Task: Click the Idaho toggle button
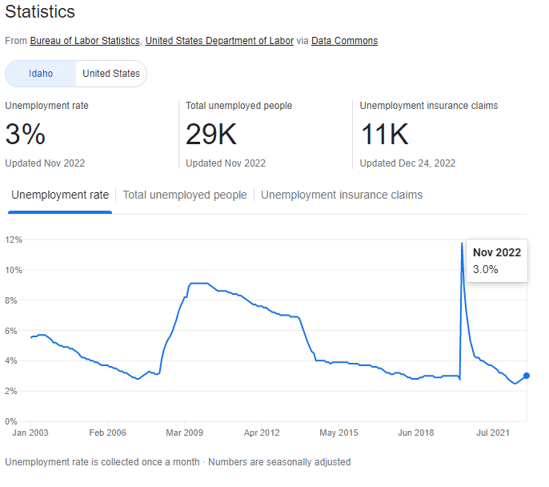point(41,74)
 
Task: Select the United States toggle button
point(111,74)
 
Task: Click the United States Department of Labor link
point(219,41)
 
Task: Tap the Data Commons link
point(344,41)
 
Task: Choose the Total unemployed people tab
point(185,195)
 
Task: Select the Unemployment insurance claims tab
point(342,195)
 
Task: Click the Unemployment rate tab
point(60,195)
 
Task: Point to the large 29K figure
point(211,135)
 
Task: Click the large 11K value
point(384,135)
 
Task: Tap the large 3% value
point(26,135)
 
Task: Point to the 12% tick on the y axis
point(13,239)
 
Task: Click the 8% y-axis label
point(13,300)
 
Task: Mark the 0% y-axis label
point(13,421)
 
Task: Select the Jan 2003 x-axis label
point(30,433)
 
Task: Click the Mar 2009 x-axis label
point(184,433)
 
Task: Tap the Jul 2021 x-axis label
point(493,433)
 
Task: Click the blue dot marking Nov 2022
point(526,376)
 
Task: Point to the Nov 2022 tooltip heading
point(496,252)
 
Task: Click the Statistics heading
point(40,12)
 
